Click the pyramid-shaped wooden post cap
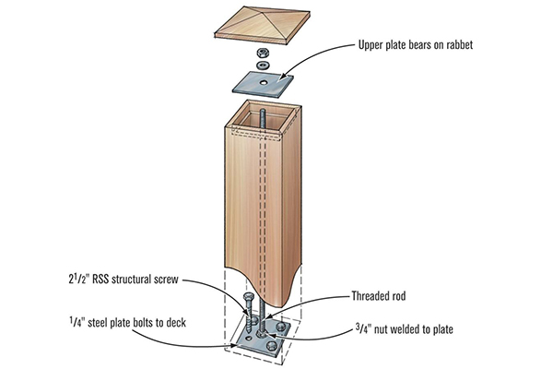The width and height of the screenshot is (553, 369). [264, 27]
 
